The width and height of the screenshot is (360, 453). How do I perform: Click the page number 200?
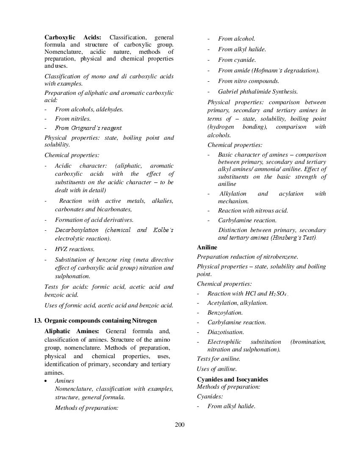click(x=180, y=425)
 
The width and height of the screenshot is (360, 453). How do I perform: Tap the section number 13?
click(x=38, y=320)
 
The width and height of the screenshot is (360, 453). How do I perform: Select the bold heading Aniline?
click(x=207, y=247)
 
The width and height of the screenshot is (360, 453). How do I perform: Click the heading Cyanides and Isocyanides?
click(x=232, y=379)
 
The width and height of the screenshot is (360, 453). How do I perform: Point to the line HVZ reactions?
click(x=75, y=249)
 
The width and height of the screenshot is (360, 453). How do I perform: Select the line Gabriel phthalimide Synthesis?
click(x=258, y=91)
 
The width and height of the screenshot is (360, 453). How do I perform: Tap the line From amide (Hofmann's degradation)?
click(x=269, y=70)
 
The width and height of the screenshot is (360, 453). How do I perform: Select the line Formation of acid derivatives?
click(x=94, y=220)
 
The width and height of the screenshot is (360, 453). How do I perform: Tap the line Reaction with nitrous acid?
click(x=253, y=210)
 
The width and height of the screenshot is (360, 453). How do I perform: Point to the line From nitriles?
click(x=72, y=119)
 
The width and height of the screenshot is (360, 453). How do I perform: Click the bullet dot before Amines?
click(x=46, y=381)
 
